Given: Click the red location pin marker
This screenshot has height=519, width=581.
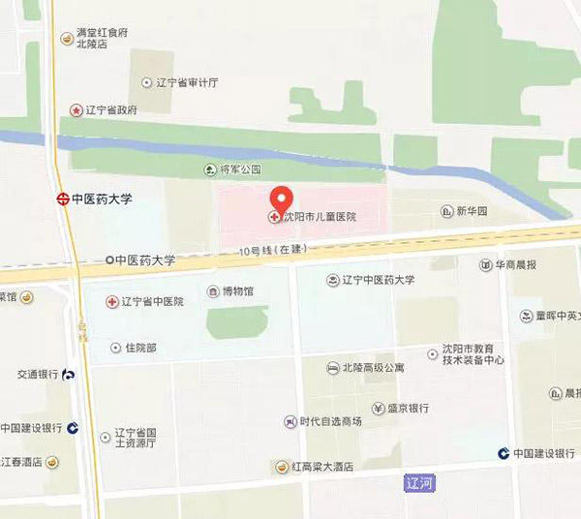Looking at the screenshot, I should click(281, 198).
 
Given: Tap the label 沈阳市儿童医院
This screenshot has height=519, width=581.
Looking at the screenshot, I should click(319, 217).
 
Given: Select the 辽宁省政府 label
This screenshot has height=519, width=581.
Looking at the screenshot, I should click(111, 110).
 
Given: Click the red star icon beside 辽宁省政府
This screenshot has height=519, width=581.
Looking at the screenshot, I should click(76, 110).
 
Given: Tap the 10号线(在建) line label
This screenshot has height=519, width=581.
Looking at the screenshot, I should click(274, 250).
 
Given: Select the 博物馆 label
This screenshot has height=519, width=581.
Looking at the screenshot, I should click(237, 290).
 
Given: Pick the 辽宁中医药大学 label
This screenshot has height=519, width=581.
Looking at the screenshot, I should click(378, 280).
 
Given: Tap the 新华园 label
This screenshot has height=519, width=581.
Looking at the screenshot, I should click(473, 211).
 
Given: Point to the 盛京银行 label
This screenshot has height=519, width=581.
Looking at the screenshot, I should click(407, 408).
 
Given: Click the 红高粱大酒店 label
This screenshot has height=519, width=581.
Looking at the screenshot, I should click(322, 467).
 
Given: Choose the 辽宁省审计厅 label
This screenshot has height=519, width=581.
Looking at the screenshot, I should click(191, 83).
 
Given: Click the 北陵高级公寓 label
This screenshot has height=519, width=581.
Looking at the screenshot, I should click(378, 367).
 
